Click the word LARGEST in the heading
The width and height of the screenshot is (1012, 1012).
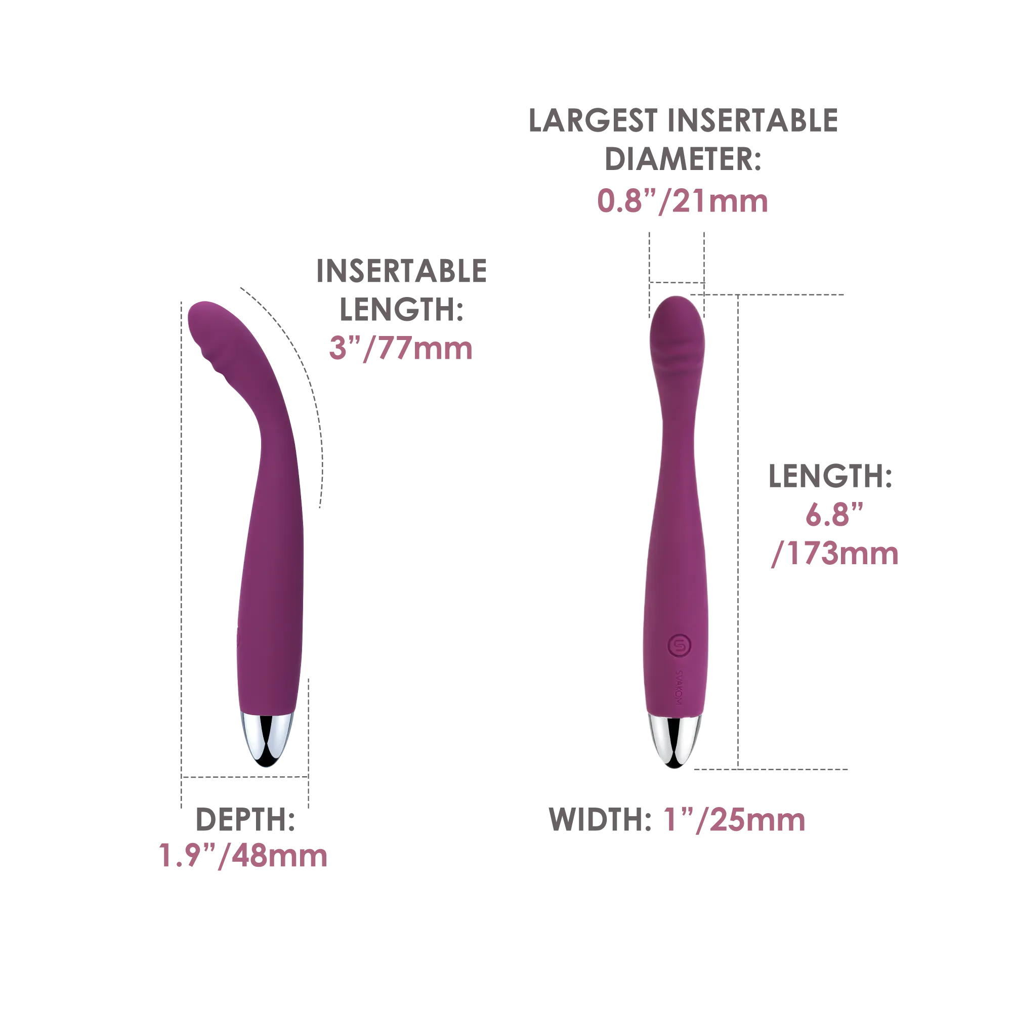point(593,120)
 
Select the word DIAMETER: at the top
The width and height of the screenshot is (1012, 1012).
point(683,159)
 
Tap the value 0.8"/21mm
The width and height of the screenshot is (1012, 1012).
point(683,201)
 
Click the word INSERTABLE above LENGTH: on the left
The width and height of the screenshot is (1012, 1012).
point(402,271)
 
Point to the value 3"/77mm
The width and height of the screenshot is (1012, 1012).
point(401,348)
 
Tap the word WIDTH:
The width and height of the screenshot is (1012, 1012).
point(600,819)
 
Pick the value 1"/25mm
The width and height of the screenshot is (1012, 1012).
point(734,820)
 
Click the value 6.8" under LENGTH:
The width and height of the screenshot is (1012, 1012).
point(834,515)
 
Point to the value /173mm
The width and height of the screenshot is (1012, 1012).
point(835,554)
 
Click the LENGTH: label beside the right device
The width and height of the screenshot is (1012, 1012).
point(830,476)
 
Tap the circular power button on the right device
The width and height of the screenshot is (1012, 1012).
point(680,646)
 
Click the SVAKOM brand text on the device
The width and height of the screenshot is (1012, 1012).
point(679,687)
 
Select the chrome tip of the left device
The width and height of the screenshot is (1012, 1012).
point(267,739)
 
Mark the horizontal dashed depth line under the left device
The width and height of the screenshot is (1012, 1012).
point(244,777)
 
